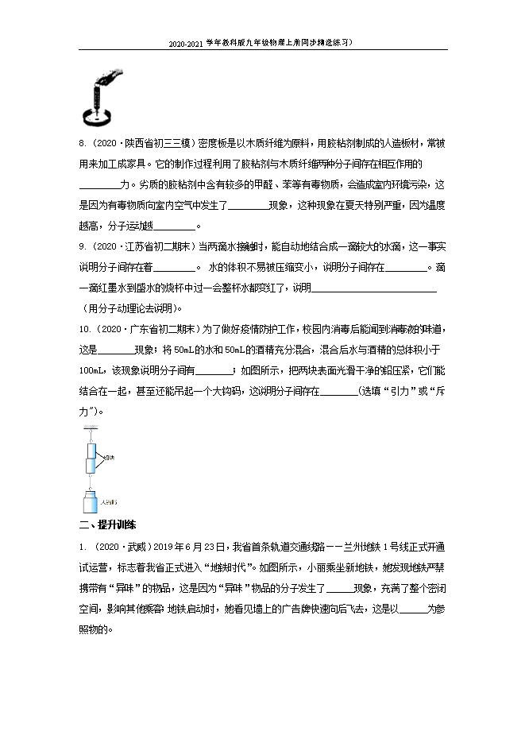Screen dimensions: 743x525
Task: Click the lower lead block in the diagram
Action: click(90, 466)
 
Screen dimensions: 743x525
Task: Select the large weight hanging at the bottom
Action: click(90, 502)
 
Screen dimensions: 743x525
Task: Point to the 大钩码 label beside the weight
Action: click(109, 502)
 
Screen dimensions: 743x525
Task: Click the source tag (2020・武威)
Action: click(118, 548)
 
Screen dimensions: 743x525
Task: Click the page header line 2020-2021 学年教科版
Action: click(261, 44)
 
